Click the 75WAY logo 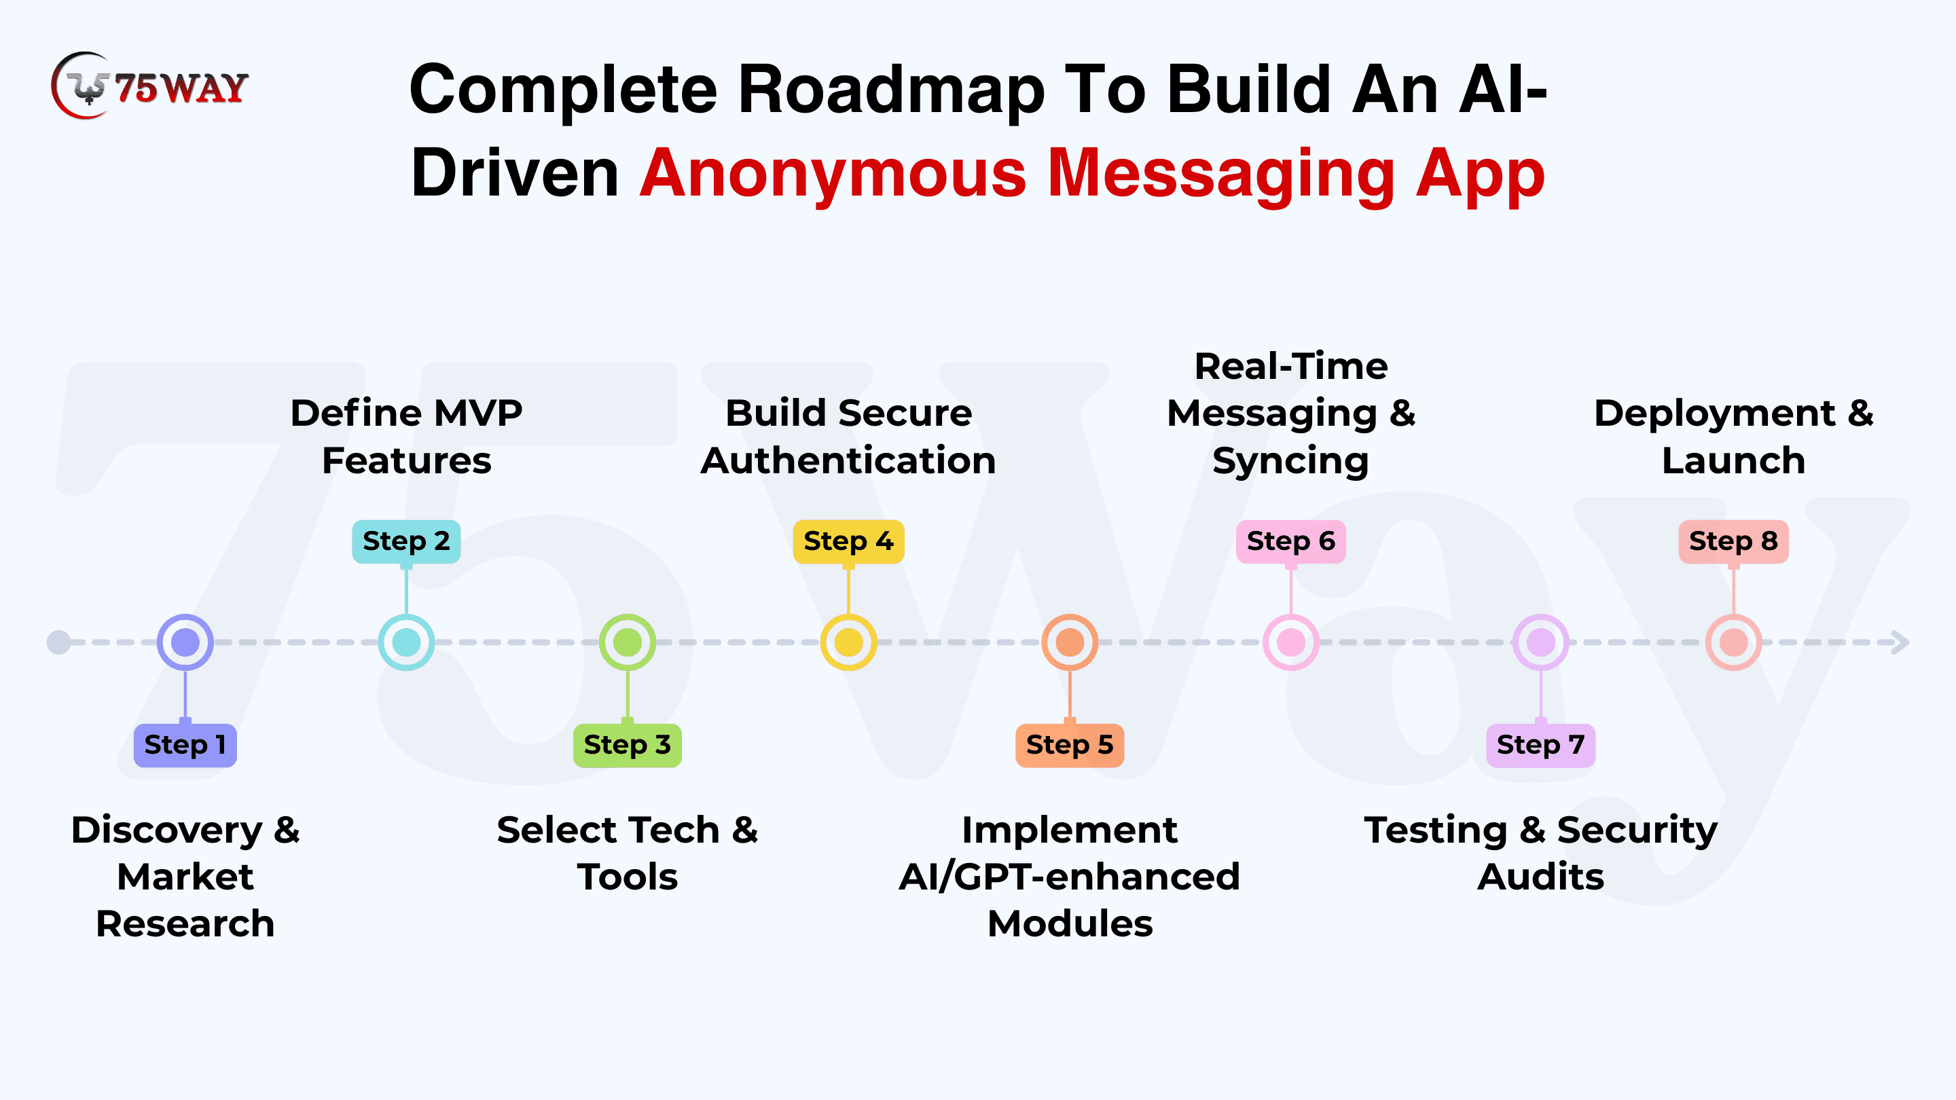(149, 86)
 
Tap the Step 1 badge (185, 745)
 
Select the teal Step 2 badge (406, 541)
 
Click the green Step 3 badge (627, 745)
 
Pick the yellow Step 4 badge (848, 541)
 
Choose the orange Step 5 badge (1070, 745)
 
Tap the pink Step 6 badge (1291, 541)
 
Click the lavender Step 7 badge (1540, 745)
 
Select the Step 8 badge (1733, 541)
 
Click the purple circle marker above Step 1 (185, 642)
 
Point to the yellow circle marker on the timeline (848, 642)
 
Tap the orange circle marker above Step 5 (1070, 642)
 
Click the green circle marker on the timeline (627, 642)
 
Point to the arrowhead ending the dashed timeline (1900, 642)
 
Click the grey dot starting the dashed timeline (58, 642)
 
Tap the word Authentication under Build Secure (848, 461)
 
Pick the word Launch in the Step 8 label (1733, 461)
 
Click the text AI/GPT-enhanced (1070, 877)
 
